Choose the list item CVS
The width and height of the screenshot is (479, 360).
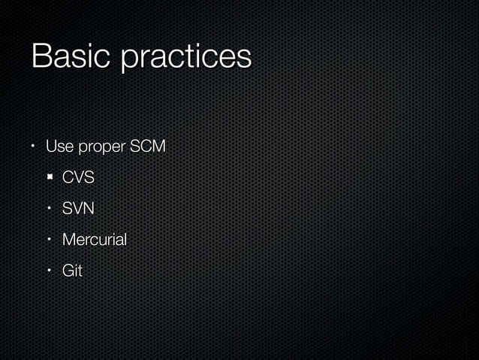[78, 178]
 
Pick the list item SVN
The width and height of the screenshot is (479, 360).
[78, 209]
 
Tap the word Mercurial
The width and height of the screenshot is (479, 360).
[95, 240]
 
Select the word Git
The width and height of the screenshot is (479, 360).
[72, 271]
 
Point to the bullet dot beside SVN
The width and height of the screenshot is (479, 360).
[49, 209]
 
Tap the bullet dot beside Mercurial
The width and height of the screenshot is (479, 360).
[49, 240]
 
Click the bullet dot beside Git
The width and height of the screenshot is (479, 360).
[49, 271]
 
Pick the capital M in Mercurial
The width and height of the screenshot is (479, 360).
[68, 240]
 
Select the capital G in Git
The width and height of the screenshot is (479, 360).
[67, 271]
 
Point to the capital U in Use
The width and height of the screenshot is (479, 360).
[51, 147]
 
